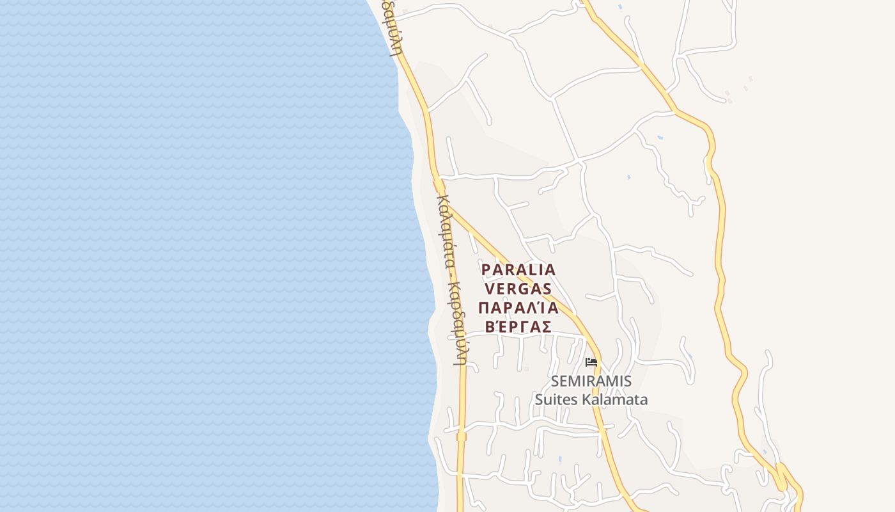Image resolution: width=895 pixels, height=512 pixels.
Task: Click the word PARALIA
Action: click(x=518, y=269)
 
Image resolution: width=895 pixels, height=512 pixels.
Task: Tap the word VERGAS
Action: click(x=518, y=289)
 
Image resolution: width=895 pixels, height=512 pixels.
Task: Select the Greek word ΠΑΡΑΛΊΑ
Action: click(x=518, y=308)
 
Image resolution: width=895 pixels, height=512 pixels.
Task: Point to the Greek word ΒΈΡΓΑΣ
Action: click(x=518, y=327)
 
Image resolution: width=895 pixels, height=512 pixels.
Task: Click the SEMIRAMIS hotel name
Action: click(x=591, y=381)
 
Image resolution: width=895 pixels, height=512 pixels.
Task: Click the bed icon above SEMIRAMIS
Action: click(x=591, y=362)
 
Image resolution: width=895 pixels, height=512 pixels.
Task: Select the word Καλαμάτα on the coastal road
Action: click(x=446, y=234)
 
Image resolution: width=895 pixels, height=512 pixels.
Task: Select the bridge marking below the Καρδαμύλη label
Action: click(x=462, y=436)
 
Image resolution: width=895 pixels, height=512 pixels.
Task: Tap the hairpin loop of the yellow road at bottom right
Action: click(x=784, y=477)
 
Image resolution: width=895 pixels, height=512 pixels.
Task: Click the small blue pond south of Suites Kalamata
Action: click(x=559, y=459)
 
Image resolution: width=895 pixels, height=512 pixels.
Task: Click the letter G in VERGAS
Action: click(x=522, y=289)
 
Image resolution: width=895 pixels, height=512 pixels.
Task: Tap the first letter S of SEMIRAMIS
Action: click(x=555, y=381)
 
